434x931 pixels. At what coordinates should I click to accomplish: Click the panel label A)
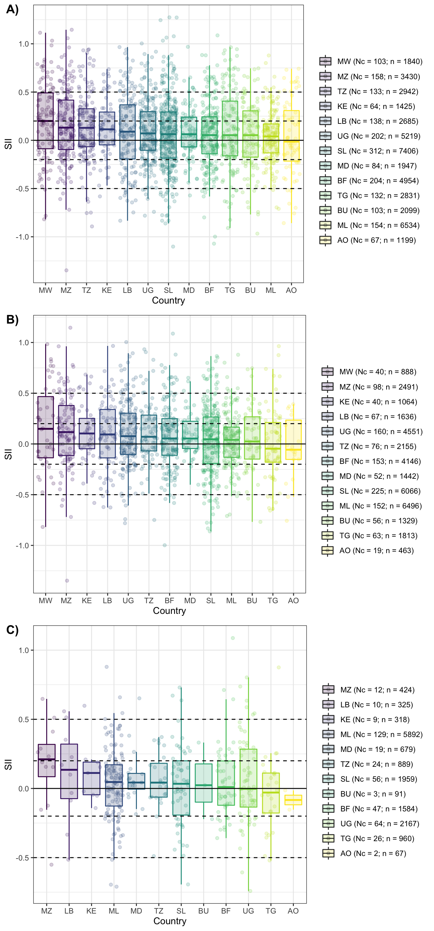coord(12,9)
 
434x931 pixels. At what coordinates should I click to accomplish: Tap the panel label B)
coord(12,319)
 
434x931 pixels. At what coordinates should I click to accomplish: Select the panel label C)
coord(12,630)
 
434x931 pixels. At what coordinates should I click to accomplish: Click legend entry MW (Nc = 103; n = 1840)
coord(379,61)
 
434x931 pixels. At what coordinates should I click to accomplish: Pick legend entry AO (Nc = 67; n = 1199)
coord(376,240)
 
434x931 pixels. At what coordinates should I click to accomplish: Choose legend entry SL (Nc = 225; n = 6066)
coord(380,491)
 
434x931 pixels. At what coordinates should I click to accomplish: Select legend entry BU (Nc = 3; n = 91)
coord(373,794)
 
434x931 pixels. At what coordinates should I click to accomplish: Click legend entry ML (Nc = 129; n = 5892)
coord(381,734)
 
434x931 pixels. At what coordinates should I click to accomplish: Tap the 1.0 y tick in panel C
coord(24,650)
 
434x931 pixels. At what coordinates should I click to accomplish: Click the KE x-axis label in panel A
coord(107,291)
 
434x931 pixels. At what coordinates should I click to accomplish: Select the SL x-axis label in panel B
coord(211,601)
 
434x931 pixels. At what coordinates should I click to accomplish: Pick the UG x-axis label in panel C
coord(248,911)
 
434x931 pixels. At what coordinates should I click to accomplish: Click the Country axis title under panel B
coord(169,611)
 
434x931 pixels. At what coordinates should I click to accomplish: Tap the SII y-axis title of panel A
coord(8,144)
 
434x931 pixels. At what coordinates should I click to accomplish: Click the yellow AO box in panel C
coord(293,800)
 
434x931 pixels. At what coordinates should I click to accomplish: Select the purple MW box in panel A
coord(46,121)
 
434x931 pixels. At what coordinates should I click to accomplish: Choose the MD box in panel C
coord(136,781)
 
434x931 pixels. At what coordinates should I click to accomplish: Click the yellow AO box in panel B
coord(293,440)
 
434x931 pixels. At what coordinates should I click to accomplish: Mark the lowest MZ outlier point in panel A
coord(67,270)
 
